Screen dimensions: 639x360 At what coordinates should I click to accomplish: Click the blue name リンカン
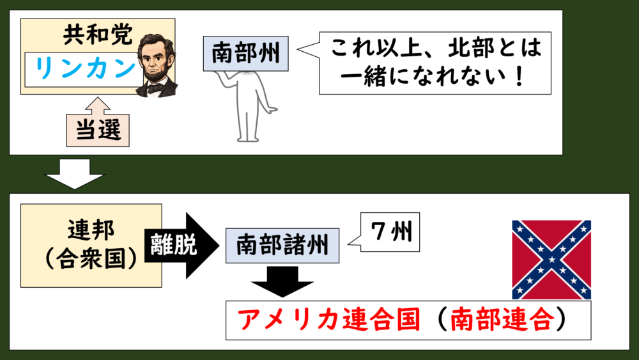pyautogui.click(x=86, y=68)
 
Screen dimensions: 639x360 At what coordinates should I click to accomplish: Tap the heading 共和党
pyautogui.click(x=98, y=35)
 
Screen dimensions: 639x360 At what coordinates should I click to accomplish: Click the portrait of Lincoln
pyautogui.click(x=157, y=65)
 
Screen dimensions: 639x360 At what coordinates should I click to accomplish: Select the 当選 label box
pyautogui.click(x=98, y=130)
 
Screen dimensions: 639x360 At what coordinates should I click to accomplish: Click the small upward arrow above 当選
pyautogui.click(x=98, y=106)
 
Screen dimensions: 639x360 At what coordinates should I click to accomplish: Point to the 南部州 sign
pyautogui.click(x=246, y=54)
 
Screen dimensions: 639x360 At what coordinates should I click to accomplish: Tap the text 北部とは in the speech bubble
pyautogui.click(x=495, y=49)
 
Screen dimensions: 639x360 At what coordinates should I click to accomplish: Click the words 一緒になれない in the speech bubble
pyautogui.click(x=422, y=76)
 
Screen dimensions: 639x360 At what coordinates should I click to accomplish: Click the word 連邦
pyautogui.click(x=91, y=230)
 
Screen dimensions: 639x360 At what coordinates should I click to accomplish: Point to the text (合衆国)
pyautogui.click(x=91, y=258)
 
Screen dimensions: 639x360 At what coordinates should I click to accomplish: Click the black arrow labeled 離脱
pyautogui.click(x=181, y=246)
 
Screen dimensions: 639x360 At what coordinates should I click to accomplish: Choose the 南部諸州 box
pyautogui.click(x=282, y=246)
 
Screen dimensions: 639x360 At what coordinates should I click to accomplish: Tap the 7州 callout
pyautogui.click(x=390, y=232)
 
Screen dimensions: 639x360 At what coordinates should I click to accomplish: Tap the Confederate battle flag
pyautogui.click(x=551, y=260)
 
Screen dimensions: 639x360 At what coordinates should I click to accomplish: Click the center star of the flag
pyautogui.click(x=551, y=260)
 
